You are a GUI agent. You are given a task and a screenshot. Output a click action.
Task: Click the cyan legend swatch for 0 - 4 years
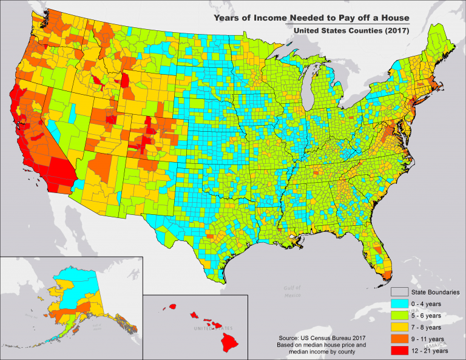(398, 304)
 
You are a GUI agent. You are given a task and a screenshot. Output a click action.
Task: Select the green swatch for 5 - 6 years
(398, 316)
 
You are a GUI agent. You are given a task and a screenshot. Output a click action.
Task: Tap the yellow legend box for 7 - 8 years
(398, 327)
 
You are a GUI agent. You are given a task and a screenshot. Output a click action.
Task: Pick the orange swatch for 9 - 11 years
(398, 339)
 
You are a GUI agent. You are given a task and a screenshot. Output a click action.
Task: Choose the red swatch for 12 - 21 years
(398, 350)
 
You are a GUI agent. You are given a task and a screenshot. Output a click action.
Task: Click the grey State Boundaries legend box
(398, 293)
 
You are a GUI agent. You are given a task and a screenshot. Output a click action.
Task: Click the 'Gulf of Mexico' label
(292, 292)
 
